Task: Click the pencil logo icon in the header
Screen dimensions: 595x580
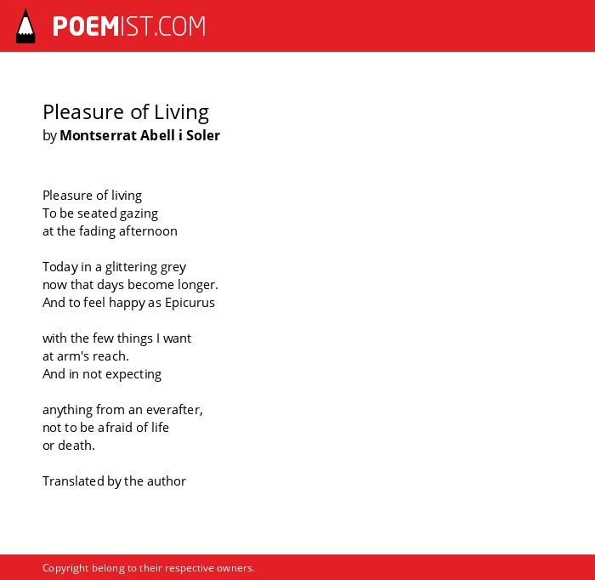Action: pyautogui.click(x=25, y=26)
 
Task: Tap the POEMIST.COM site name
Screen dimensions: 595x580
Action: pyautogui.click(x=129, y=26)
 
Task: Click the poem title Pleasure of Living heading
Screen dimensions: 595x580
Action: pyautogui.click(x=126, y=113)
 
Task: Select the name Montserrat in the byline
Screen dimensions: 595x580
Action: pyautogui.click(x=99, y=135)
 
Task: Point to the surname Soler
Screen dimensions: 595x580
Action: pyautogui.click(x=203, y=135)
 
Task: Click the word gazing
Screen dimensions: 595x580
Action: pyautogui.click(x=139, y=214)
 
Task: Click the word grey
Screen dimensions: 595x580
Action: pyautogui.click(x=173, y=268)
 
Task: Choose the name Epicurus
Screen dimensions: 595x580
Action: pyautogui.click(x=190, y=303)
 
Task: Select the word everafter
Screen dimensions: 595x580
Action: pyautogui.click(x=174, y=410)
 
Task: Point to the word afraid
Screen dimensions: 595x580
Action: pyautogui.click(x=116, y=428)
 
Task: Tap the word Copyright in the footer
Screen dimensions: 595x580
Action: pyautogui.click(x=65, y=568)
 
